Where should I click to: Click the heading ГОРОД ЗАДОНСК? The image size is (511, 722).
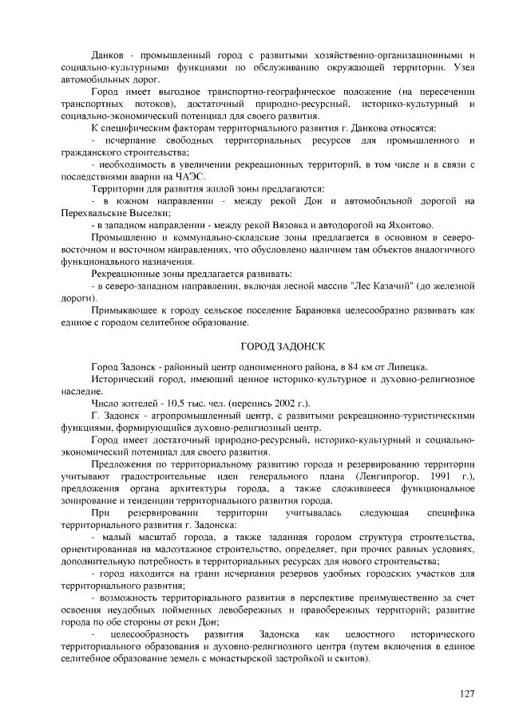tap(283, 345)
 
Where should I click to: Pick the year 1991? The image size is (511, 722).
tap(437, 476)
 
